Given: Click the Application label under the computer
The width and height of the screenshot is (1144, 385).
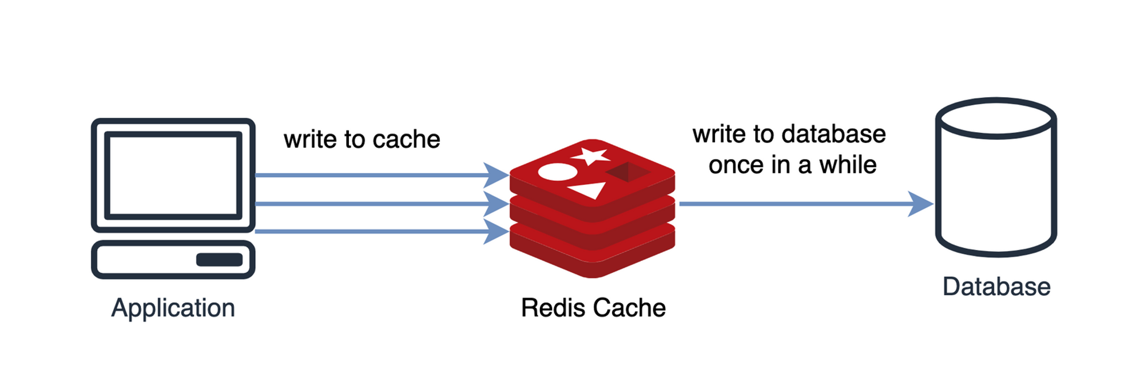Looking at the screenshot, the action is click(x=173, y=308).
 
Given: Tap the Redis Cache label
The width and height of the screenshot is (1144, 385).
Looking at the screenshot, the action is click(x=593, y=308).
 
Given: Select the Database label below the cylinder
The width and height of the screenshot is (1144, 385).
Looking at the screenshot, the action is click(x=996, y=287).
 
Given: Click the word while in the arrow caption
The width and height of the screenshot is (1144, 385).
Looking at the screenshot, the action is click(x=848, y=165).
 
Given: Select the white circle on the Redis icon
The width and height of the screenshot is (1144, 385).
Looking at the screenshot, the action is click(x=558, y=172).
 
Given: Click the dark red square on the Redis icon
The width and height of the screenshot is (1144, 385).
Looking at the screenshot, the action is click(x=628, y=172).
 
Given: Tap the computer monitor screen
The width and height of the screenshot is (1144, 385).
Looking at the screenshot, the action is click(x=173, y=175).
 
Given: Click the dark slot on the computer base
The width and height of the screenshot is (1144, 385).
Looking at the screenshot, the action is click(x=220, y=260).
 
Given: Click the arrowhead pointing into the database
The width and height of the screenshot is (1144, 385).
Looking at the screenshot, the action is click(x=920, y=204).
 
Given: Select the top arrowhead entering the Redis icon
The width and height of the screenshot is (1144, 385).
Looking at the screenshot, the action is click(x=496, y=175).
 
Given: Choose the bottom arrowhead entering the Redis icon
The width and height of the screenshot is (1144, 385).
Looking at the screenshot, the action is click(x=496, y=232).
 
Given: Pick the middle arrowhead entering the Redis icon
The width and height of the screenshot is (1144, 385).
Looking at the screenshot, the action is click(x=496, y=204).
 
